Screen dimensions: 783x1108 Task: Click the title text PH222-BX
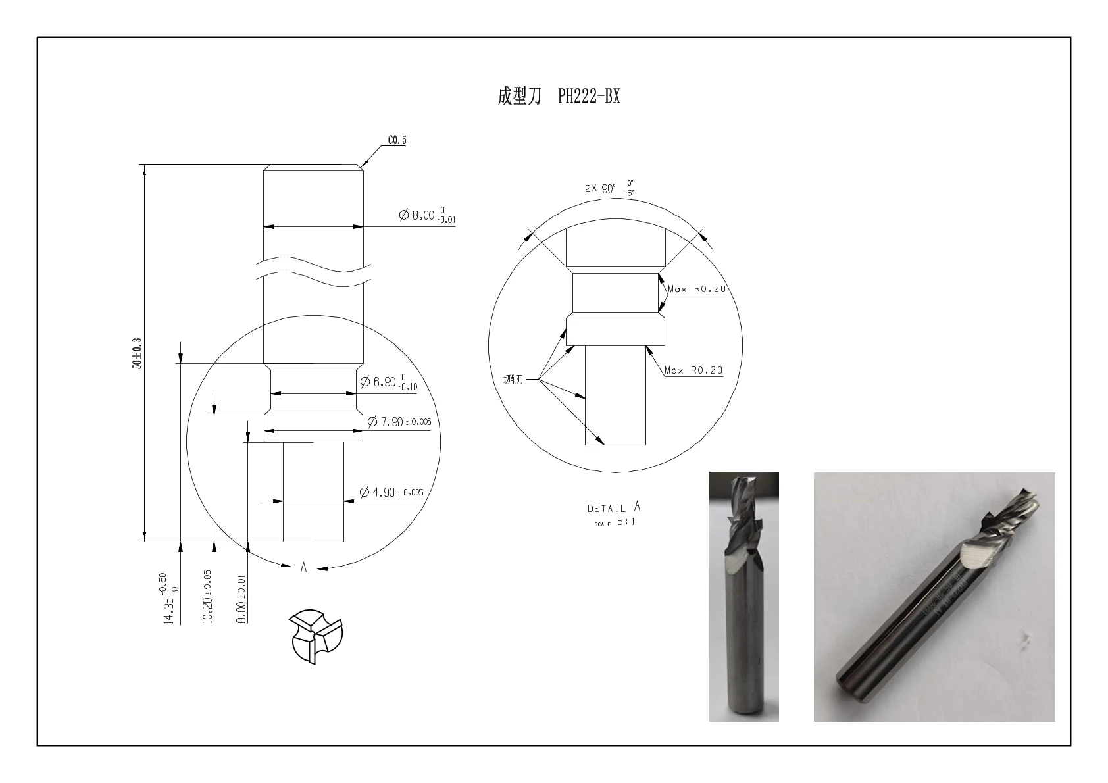589,97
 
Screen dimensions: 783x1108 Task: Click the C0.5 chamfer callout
397,140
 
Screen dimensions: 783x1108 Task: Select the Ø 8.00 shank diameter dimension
426,215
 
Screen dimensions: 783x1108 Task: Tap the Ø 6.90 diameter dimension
388,382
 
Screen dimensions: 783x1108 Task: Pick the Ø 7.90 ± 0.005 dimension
399,422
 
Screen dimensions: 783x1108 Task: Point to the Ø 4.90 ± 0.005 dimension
391,492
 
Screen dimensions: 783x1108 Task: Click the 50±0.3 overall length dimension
137,353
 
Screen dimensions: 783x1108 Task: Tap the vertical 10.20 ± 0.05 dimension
207,596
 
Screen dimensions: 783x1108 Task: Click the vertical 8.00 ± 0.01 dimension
241,599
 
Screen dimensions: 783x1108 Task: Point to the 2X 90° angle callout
609,188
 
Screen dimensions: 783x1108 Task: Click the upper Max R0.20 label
697,289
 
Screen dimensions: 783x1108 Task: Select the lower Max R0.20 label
693,370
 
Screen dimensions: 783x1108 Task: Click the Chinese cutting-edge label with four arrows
513,379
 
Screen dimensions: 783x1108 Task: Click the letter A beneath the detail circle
303,567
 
